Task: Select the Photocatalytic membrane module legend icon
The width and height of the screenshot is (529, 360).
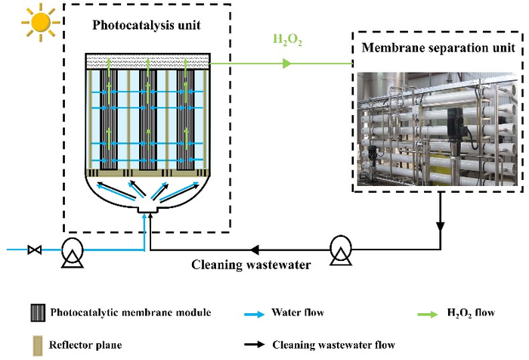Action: pos(35,312)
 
